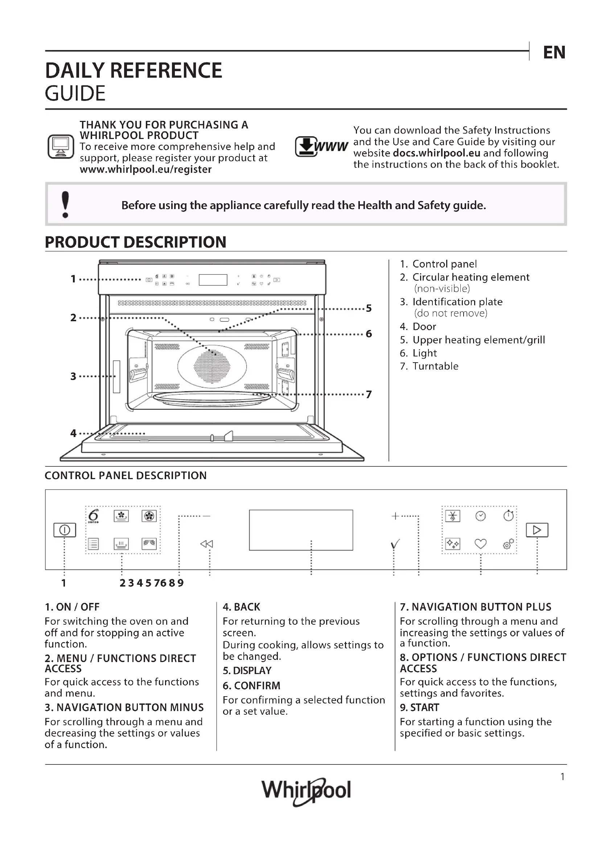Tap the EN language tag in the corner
tap(554, 53)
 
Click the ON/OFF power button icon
tap(65, 530)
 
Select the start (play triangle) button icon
tap(537, 530)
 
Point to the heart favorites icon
tap(480, 544)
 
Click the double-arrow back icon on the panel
tap(206, 544)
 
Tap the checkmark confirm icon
tap(395, 544)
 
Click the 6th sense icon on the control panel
tap(94, 516)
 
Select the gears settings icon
tap(508, 544)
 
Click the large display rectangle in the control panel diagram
tap(301, 530)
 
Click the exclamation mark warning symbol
tap(65, 204)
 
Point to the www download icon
tap(321, 146)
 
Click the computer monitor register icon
tap(61, 146)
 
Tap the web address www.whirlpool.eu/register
tap(145, 170)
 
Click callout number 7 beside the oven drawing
tap(369, 395)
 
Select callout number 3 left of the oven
tap(73, 376)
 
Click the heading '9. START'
tap(419, 707)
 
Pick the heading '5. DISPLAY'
tap(247, 670)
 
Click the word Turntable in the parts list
tap(435, 366)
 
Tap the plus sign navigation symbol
tap(395, 516)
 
